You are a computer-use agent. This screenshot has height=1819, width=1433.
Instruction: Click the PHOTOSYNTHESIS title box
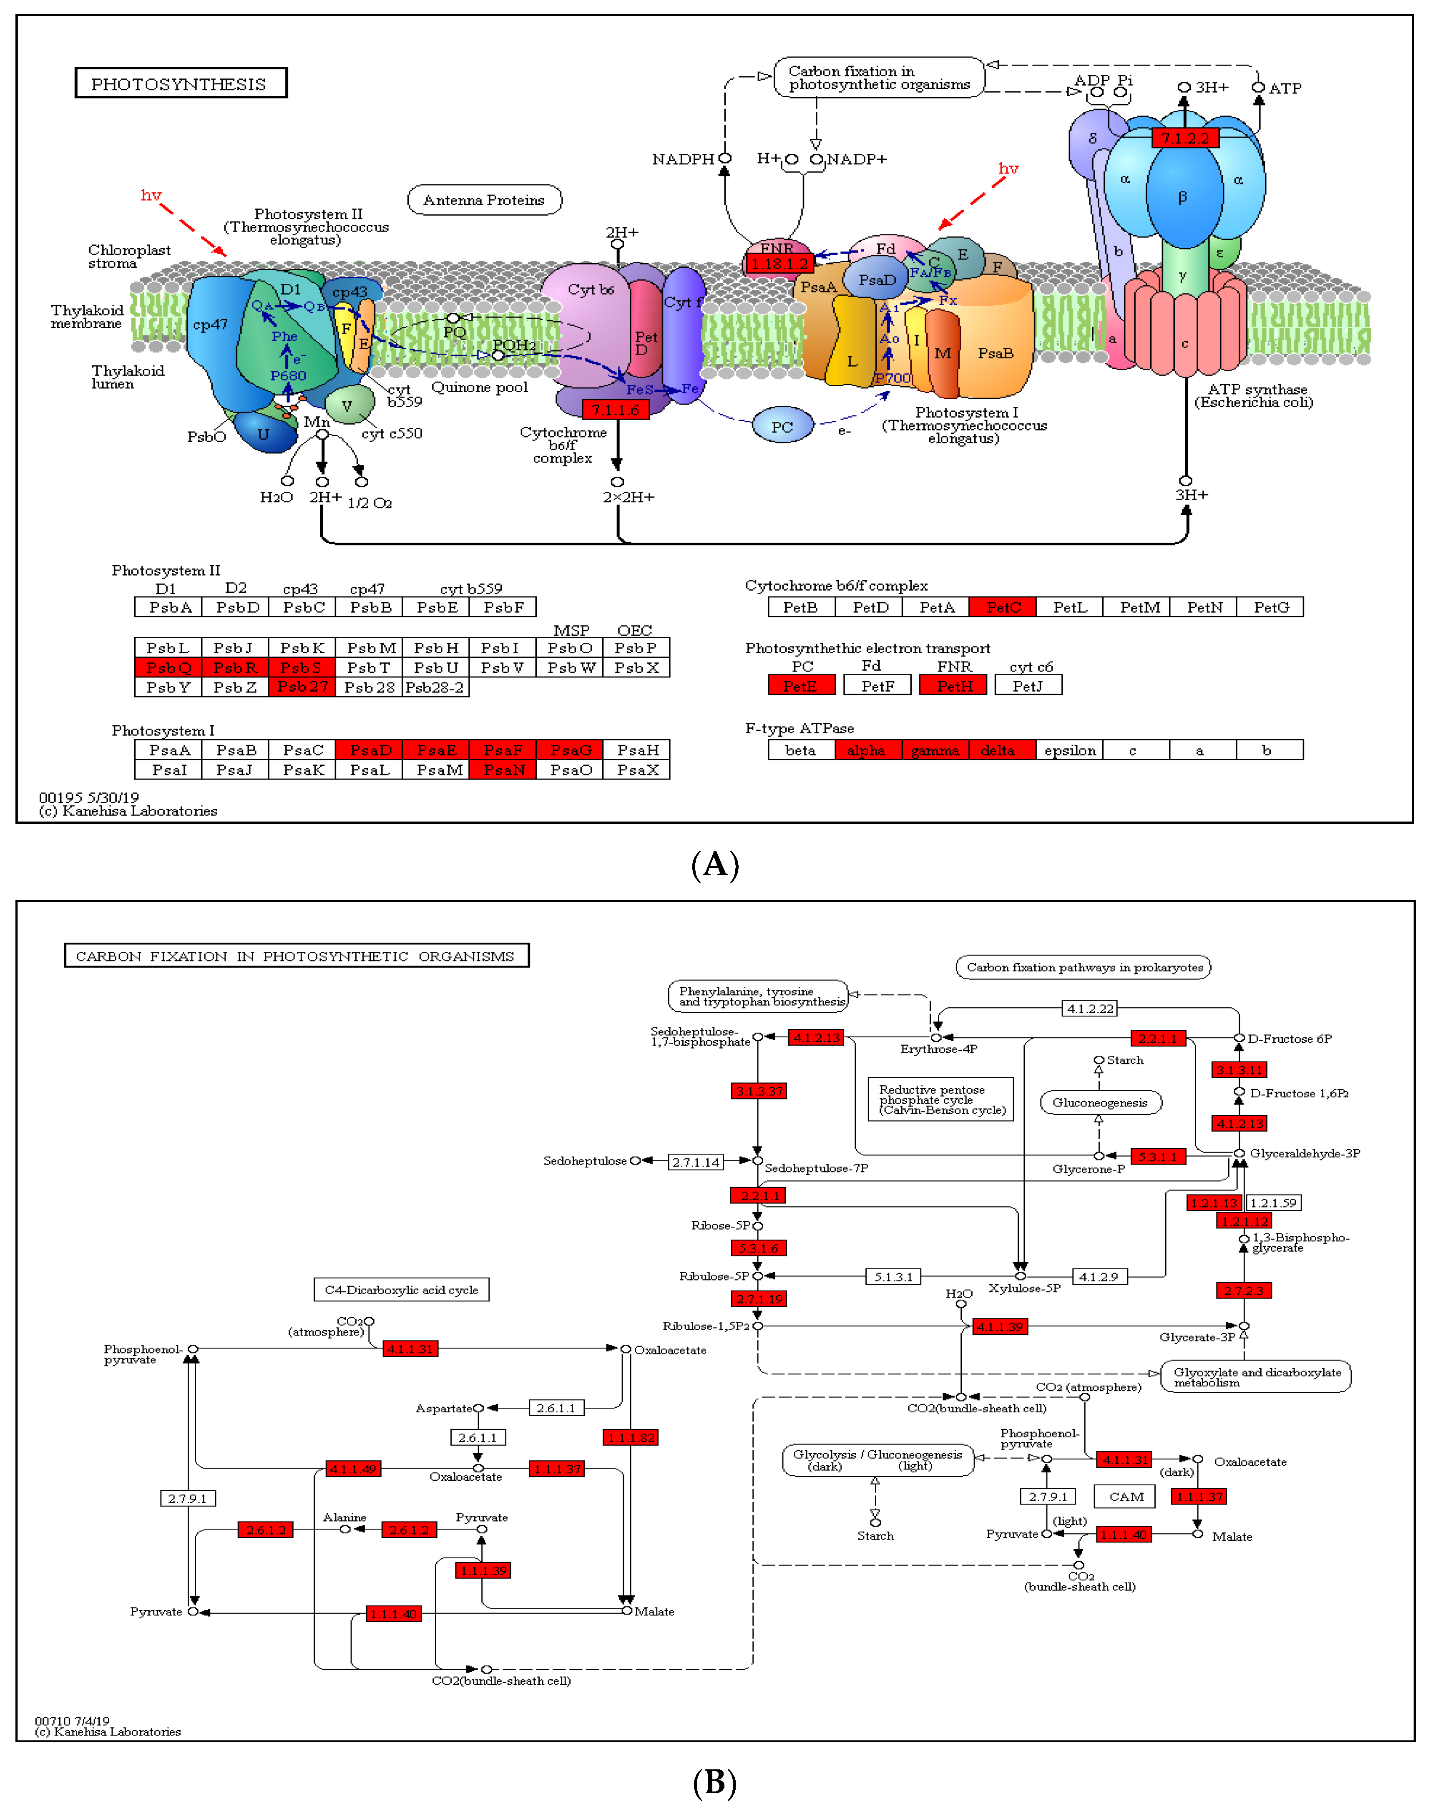(x=181, y=83)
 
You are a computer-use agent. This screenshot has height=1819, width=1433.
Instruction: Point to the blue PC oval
(x=782, y=426)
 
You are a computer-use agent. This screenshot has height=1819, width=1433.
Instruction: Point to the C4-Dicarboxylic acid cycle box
(x=401, y=1290)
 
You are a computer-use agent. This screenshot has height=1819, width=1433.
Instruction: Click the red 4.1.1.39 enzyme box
(x=999, y=1326)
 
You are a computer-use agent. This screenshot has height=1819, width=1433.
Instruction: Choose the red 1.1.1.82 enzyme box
(x=630, y=1437)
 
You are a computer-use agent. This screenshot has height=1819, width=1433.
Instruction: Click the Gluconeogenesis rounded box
(x=1100, y=1102)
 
